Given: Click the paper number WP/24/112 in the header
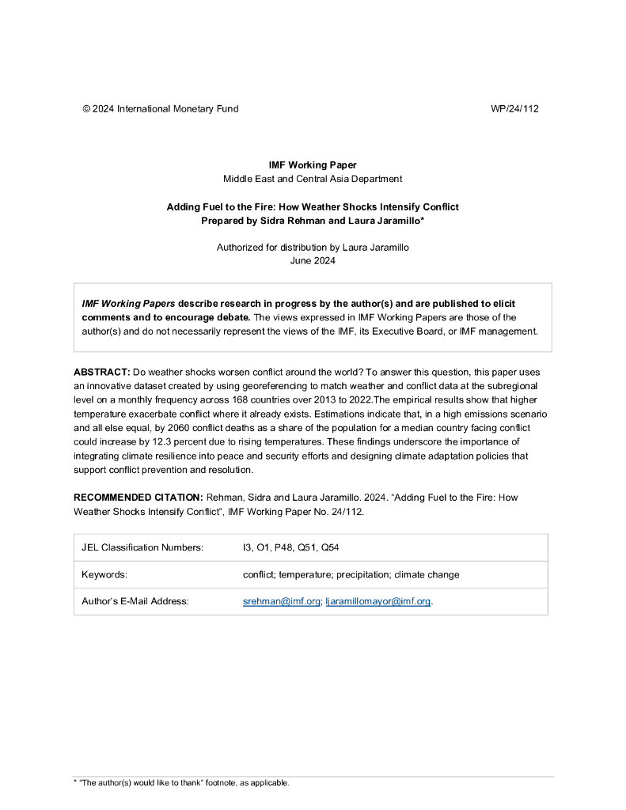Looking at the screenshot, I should click(x=514, y=108).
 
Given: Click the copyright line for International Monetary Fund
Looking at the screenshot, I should click(x=160, y=108).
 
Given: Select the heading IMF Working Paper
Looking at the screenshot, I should click(x=313, y=165).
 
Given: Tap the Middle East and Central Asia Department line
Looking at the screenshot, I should click(x=313, y=179).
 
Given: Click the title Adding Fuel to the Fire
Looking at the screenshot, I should click(x=313, y=206).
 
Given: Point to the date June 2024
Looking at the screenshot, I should click(x=313, y=261).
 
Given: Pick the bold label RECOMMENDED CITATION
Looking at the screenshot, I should click(x=138, y=498).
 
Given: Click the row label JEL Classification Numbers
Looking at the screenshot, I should click(x=142, y=547).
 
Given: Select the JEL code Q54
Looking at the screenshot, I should click(x=330, y=547).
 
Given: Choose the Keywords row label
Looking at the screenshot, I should click(x=104, y=574).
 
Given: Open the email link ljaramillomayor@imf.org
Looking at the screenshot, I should click(x=378, y=601).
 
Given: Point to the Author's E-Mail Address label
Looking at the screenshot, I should click(x=135, y=601).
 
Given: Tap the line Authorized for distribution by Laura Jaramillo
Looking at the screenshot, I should click(x=313, y=248).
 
